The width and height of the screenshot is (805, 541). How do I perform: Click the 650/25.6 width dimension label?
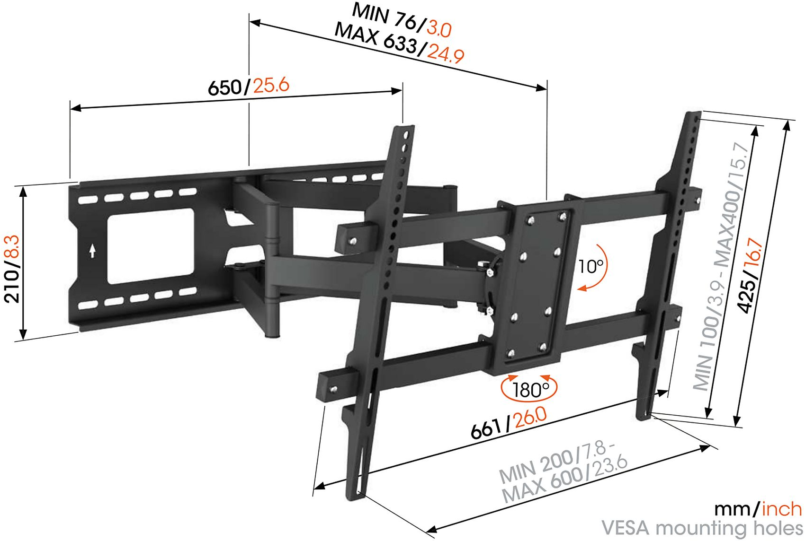click(249, 86)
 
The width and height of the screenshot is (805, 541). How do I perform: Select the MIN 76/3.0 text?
click(402, 20)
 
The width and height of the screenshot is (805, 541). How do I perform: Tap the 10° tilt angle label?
click(591, 266)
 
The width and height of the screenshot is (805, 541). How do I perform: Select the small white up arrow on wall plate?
click(92, 251)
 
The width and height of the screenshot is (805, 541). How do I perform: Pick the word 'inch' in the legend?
click(781, 509)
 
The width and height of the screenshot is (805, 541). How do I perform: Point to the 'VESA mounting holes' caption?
click(702, 528)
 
